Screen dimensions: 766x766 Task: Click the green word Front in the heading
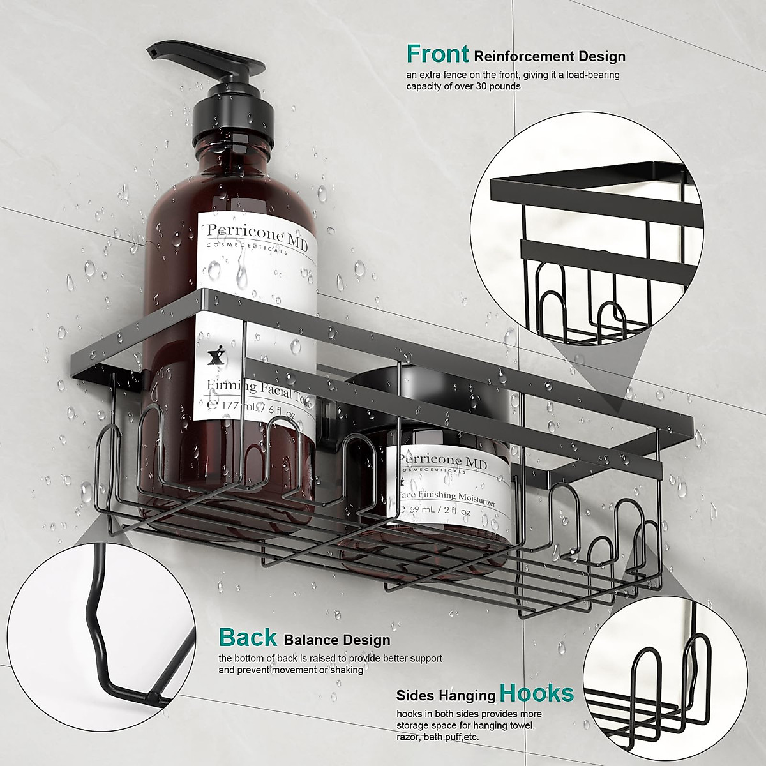pos(437,54)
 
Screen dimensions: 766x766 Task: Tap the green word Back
pos(248,637)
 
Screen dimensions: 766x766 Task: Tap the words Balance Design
pos(336,639)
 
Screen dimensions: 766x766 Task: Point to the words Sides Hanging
pos(446,696)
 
